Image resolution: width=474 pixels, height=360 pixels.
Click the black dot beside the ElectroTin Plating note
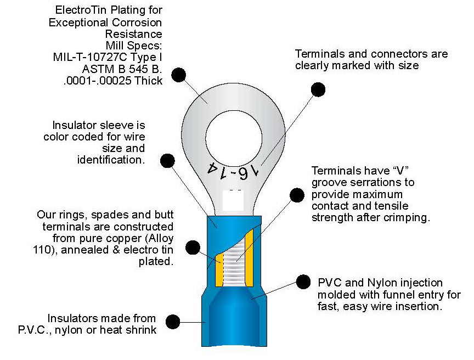(x=178, y=75)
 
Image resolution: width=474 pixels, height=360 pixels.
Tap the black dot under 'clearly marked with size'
(x=317, y=89)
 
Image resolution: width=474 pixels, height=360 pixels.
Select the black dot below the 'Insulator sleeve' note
(x=167, y=160)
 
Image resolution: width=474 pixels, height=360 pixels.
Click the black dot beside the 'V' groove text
(x=297, y=195)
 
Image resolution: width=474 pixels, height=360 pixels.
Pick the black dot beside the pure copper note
(x=193, y=248)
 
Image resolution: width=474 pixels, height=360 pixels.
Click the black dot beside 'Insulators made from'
(x=173, y=321)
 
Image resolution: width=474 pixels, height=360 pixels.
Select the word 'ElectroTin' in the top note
(x=81, y=10)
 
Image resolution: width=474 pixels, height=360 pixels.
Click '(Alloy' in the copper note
(x=156, y=238)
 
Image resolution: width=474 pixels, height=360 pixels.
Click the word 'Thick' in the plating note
(x=149, y=81)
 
